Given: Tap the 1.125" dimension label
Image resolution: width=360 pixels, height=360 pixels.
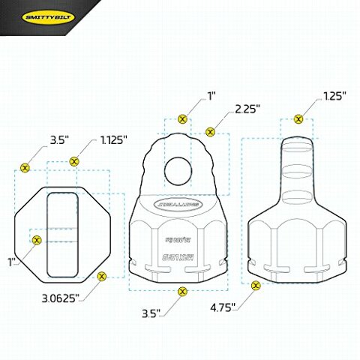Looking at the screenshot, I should pyautogui.click(x=114, y=140).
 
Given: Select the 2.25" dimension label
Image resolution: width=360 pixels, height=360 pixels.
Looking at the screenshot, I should pyautogui.click(x=247, y=109).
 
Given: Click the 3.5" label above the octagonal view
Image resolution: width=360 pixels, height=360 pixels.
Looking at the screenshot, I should pyautogui.click(x=58, y=140).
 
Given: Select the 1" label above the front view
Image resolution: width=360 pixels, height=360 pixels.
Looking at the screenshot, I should pyautogui.click(x=211, y=96).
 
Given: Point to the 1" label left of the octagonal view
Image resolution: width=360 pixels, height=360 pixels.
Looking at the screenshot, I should pyautogui.click(x=11, y=262).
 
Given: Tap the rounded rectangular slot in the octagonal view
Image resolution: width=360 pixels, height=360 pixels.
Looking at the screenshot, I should pyautogui.click(x=61, y=234).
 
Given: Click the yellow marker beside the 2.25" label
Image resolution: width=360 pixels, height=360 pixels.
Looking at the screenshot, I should pyautogui.click(x=210, y=132).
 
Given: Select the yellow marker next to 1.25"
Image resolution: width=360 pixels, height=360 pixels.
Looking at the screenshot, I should pyautogui.click(x=298, y=118).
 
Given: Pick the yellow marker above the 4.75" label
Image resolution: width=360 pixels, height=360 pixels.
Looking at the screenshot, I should pyautogui.click(x=256, y=285).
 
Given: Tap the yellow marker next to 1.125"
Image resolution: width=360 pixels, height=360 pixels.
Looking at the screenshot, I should pyautogui.click(x=73, y=161).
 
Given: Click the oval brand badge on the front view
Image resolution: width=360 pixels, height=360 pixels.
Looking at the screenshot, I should pyautogui.click(x=176, y=202).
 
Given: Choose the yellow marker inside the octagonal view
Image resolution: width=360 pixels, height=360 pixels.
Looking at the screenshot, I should pyautogui.click(x=37, y=239).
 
